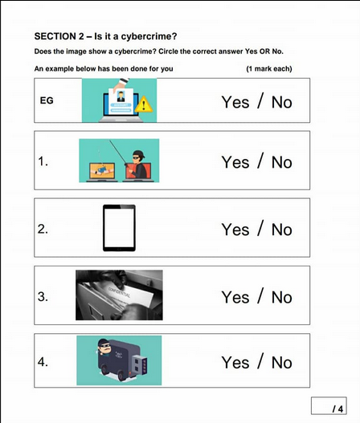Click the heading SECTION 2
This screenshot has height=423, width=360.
pyautogui.click(x=59, y=36)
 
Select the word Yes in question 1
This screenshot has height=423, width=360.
pyautogui.click(x=235, y=162)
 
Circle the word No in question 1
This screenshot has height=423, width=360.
pyautogui.click(x=282, y=162)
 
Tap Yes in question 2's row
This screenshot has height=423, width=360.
pyautogui.click(x=235, y=230)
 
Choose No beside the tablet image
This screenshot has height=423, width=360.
pyautogui.click(x=282, y=230)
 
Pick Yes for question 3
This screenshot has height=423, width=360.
pyautogui.click(x=235, y=297)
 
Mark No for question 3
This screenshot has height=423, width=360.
pyautogui.click(x=282, y=297)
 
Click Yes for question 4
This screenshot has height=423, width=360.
pyautogui.click(x=235, y=362)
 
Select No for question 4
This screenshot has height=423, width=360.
pyautogui.click(x=282, y=362)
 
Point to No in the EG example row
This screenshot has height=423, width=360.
pyautogui.click(x=282, y=103)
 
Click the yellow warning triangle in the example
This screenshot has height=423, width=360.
pyautogui.click(x=144, y=104)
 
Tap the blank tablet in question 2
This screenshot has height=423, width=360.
pyautogui.click(x=119, y=228)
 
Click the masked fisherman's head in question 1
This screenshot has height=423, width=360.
pyautogui.click(x=138, y=157)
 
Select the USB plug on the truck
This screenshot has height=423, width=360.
pyautogui.click(x=140, y=364)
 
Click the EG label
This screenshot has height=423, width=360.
pyautogui.click(x=47, y=100)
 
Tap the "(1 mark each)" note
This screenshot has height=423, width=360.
pyautogui.click(x=269, y=69)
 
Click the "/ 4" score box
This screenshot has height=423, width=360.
pyautogui.click(x=329, y=405)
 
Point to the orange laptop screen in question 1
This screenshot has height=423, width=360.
pyautogui.click(x=102, y=171)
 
